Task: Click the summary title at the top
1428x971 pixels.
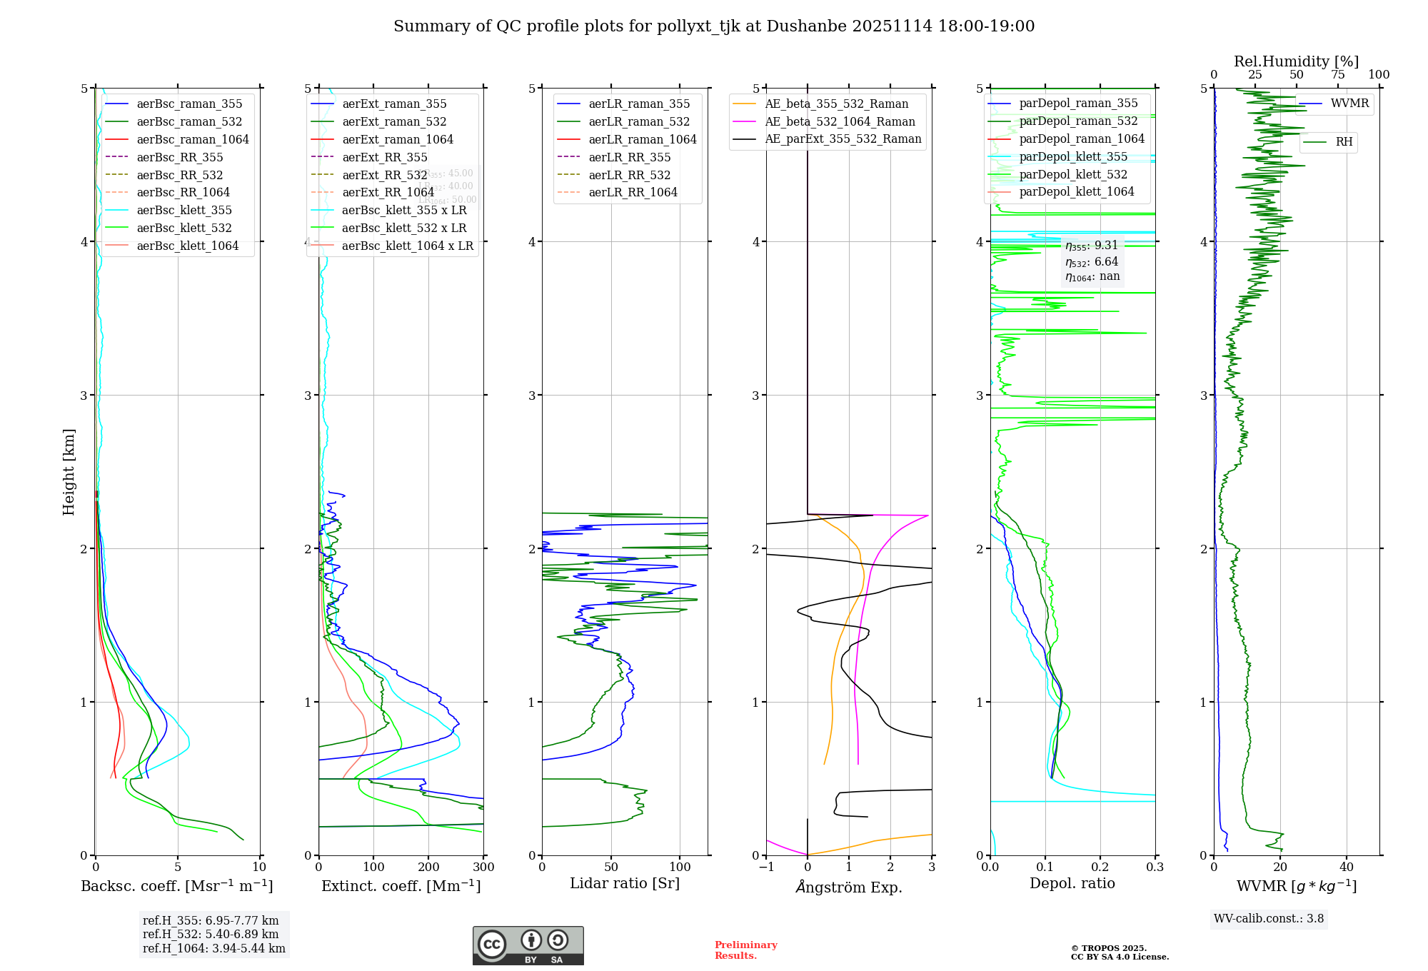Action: tap(714, 26)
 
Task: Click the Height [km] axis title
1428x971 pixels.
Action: tap(69, 472)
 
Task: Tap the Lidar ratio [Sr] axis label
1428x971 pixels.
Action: tap(625, 883)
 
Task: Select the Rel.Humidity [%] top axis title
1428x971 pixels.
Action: tap(1296, 61)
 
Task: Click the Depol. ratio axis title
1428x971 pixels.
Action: tap(1072, 883)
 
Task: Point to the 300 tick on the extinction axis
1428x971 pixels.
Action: tap(483, 867)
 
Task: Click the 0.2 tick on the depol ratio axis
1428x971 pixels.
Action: tap(1100, 867)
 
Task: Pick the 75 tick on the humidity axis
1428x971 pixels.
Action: tap(1337, 75)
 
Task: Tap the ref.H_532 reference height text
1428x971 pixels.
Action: tap(211, 935)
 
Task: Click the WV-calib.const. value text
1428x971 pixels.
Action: tap(1268, 919)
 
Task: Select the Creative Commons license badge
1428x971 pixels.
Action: tap(528, 946)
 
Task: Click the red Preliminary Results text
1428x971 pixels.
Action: tap(745, 950)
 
